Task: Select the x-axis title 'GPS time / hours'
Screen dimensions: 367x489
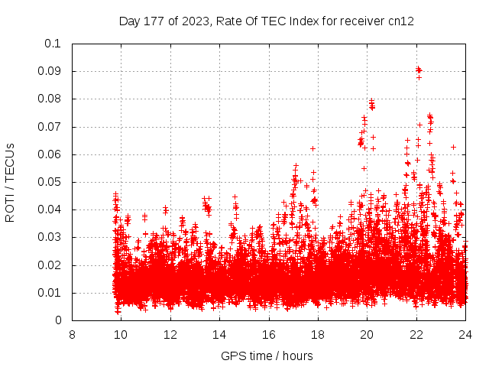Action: pyautogui.click(x=267, y=356)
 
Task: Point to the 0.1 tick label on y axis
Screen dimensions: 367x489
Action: pyautogui.click(x=53, y=44)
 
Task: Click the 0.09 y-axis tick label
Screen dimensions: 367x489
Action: pyautogui.click(x=50, y=71)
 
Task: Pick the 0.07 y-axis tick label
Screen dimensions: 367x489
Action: pyautogui.click(x=50, y=127)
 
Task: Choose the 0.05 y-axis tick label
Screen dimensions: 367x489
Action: pyautogui.click(x=50, y=182)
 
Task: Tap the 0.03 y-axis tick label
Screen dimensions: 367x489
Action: pyautogui.click(x=50, y=238)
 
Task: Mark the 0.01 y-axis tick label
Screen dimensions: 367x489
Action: pyautogui.click(x=50, y=293)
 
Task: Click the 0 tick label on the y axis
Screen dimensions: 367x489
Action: pyautogui.click(x=58, y=321)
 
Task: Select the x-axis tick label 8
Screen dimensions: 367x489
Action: pyautogui.click(x=72, y=334)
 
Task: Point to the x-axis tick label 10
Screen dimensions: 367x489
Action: pyautogui.click(x=121, y=334)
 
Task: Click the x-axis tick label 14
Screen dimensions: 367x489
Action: pyautogui.click(x=219, y=334)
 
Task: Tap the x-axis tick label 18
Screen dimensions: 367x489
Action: pyautogui.click(x=318, y=334)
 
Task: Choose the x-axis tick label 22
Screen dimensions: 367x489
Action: pyautogui.click(x=416, y=334)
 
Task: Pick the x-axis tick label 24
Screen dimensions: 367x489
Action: pyautogui.click(x=465, y=334)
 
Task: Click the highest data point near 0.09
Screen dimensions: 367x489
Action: pyautogui.click(x=418, y=69)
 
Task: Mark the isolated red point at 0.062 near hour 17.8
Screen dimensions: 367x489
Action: pyautogui.click(x=313, y=148)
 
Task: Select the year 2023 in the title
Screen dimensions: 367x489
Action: pyautogui.click(x=194, y=21)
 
